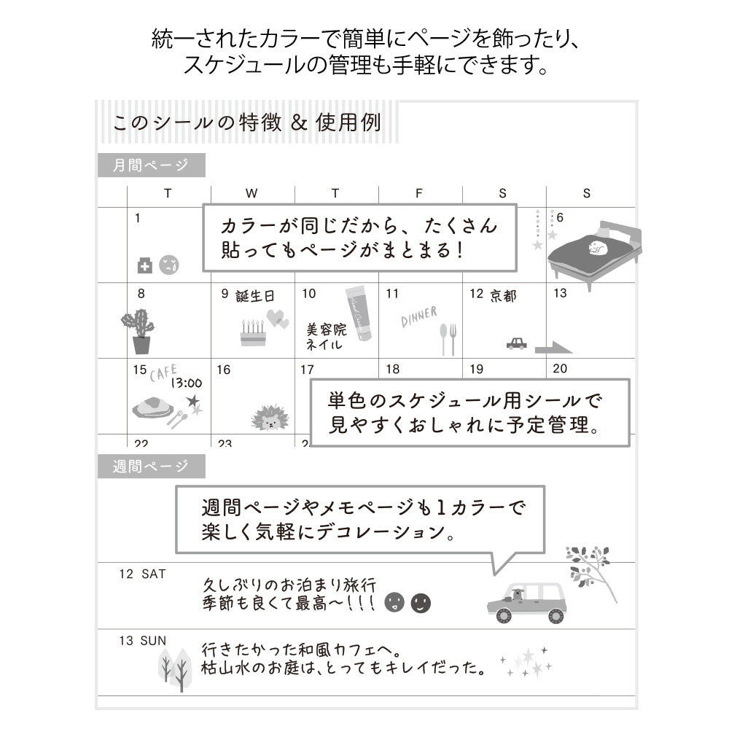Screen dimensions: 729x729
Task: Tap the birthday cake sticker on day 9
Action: point(253,333)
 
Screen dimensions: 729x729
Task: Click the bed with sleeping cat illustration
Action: point(594,250)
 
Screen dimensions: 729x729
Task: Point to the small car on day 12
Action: point(516,343)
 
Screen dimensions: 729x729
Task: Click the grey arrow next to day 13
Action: point(553,347)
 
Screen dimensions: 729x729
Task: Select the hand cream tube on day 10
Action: point(359,313)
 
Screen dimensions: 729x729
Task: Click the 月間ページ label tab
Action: point(151,165)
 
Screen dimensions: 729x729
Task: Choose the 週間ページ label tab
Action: point(151,466)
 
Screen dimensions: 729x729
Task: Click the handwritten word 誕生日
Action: point(256,296)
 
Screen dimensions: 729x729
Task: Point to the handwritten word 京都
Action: point(503,295)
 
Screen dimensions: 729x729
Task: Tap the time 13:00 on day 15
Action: point(186,382)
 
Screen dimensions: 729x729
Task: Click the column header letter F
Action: point(418,194)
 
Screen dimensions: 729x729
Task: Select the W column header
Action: point(252,194)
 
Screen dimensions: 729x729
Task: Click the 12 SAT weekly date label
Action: point(143,574)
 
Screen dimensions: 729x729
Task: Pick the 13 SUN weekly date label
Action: point(143,641)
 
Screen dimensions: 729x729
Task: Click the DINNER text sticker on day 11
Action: point(418,316)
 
